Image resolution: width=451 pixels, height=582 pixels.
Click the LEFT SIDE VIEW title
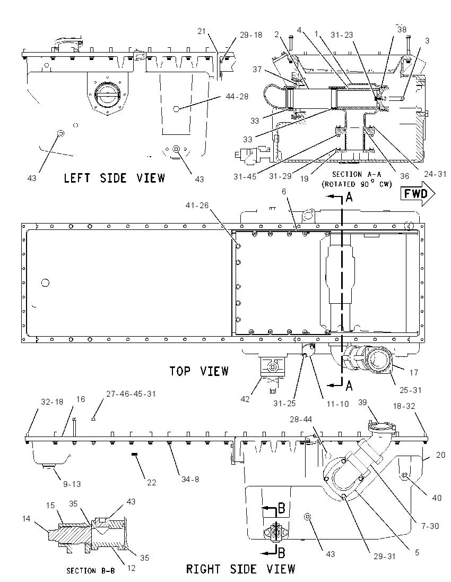tap(115, 178)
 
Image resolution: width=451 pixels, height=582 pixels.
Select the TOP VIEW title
tap(199, 371)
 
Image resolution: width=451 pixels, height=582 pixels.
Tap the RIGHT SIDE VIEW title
tap(240, 569)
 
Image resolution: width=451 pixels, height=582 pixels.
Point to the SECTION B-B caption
tap(91, 571)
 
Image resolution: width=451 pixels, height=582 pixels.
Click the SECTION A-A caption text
tap(357, 174)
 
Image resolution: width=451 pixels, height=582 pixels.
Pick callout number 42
tap(245, 399)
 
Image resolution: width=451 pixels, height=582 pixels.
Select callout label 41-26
tap(197, 206)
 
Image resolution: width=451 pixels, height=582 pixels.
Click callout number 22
tap(151, 483)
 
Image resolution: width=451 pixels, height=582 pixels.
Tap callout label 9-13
tap(72, 484)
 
